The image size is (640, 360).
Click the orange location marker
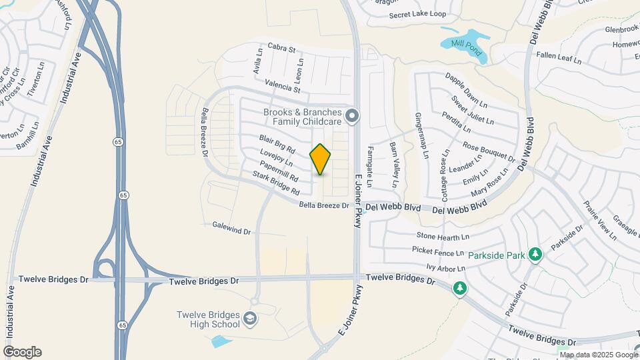pos(321,159)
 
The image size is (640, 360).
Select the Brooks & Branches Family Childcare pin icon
pos(353,117)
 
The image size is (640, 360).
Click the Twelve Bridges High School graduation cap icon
pos(250,319)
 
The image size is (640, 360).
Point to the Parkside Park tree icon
pos(535,254)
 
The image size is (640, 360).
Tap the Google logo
pos(22,352)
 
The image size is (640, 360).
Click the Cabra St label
pos(281,47)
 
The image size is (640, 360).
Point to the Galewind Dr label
pos(231,231)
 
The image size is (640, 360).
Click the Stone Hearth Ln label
pos(443,236)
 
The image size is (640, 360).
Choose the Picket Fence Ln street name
pos(437,253)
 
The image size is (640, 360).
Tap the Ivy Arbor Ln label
pos(445,268)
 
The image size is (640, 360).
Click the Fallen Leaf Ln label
pos(559,57)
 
